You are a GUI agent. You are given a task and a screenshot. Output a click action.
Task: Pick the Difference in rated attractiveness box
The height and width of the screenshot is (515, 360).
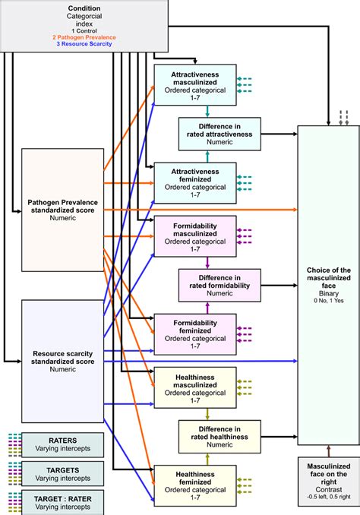(x=219, y=131)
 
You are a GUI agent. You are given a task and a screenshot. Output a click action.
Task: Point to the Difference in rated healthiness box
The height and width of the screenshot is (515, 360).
(x=219, y=434)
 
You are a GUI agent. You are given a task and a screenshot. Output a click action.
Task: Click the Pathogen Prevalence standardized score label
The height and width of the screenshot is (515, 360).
(x=62, y=210)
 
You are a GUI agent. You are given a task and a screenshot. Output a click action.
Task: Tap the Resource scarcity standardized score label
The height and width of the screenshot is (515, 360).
(x=62, y=359)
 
